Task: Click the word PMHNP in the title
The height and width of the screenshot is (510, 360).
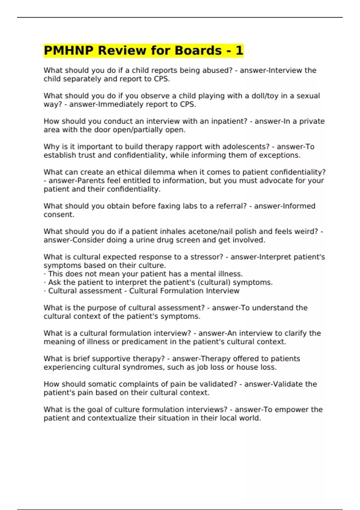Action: tap(68, 50)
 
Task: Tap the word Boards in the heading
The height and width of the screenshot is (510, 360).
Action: tap(198, 50)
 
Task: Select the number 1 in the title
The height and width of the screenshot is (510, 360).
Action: tap(239, 50)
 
